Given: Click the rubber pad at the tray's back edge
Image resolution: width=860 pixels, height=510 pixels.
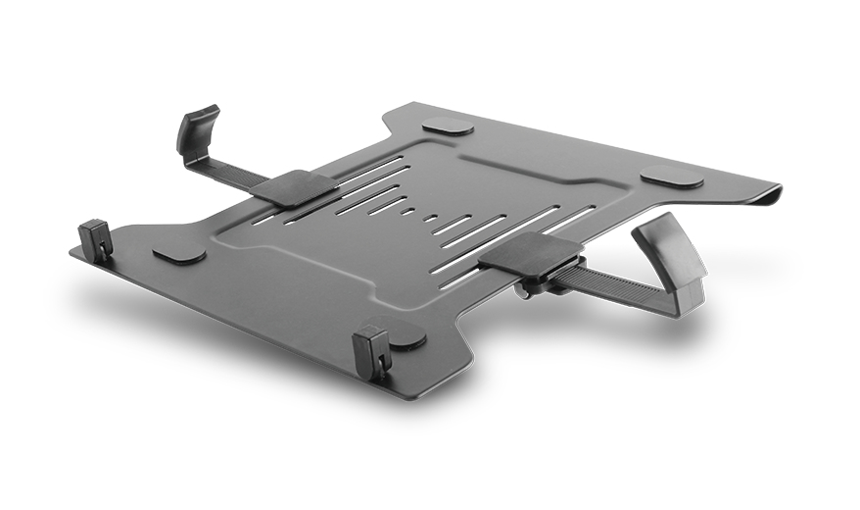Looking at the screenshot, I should pos(448,127).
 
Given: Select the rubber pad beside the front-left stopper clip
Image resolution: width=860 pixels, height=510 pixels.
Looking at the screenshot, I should pos(179,254).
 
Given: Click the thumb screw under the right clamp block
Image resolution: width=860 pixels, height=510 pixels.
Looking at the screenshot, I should pos(529,287).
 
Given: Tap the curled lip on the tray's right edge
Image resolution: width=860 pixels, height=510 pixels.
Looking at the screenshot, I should pos(769,195).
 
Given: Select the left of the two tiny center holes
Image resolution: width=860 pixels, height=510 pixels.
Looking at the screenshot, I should pos(406,210).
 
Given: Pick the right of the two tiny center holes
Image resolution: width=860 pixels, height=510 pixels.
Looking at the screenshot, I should pos(428,218).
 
